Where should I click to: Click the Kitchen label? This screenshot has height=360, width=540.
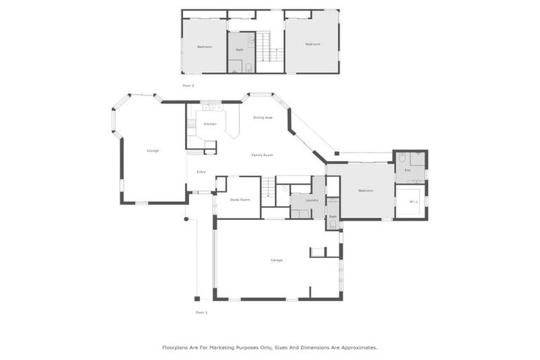210,124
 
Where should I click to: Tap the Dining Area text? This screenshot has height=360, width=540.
263,117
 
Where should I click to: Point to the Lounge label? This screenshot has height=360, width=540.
153,150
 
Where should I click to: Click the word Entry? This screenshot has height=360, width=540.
201,172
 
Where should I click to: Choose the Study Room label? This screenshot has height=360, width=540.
240,200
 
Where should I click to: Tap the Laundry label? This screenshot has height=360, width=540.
311,200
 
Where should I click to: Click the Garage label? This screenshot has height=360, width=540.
276,260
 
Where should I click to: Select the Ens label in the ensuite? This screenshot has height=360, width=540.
407,170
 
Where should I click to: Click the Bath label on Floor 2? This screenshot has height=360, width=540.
239,50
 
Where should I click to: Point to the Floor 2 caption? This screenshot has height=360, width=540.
188,85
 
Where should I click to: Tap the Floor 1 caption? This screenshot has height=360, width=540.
201,311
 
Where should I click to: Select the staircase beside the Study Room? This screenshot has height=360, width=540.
269,188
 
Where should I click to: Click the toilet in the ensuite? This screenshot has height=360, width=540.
401,158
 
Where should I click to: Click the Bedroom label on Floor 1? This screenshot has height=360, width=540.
366,191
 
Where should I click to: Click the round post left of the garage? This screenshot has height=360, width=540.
186,219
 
